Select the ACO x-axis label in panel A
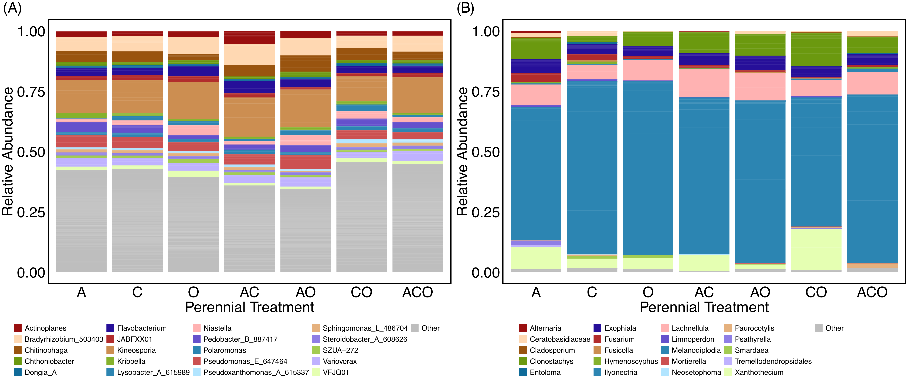coord(418,292)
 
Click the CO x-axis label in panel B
coord(816,292)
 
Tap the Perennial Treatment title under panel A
coord(249,307)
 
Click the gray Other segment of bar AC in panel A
coord(249,229)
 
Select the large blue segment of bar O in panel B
coord(648,168)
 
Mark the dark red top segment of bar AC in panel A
coord(249,38)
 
